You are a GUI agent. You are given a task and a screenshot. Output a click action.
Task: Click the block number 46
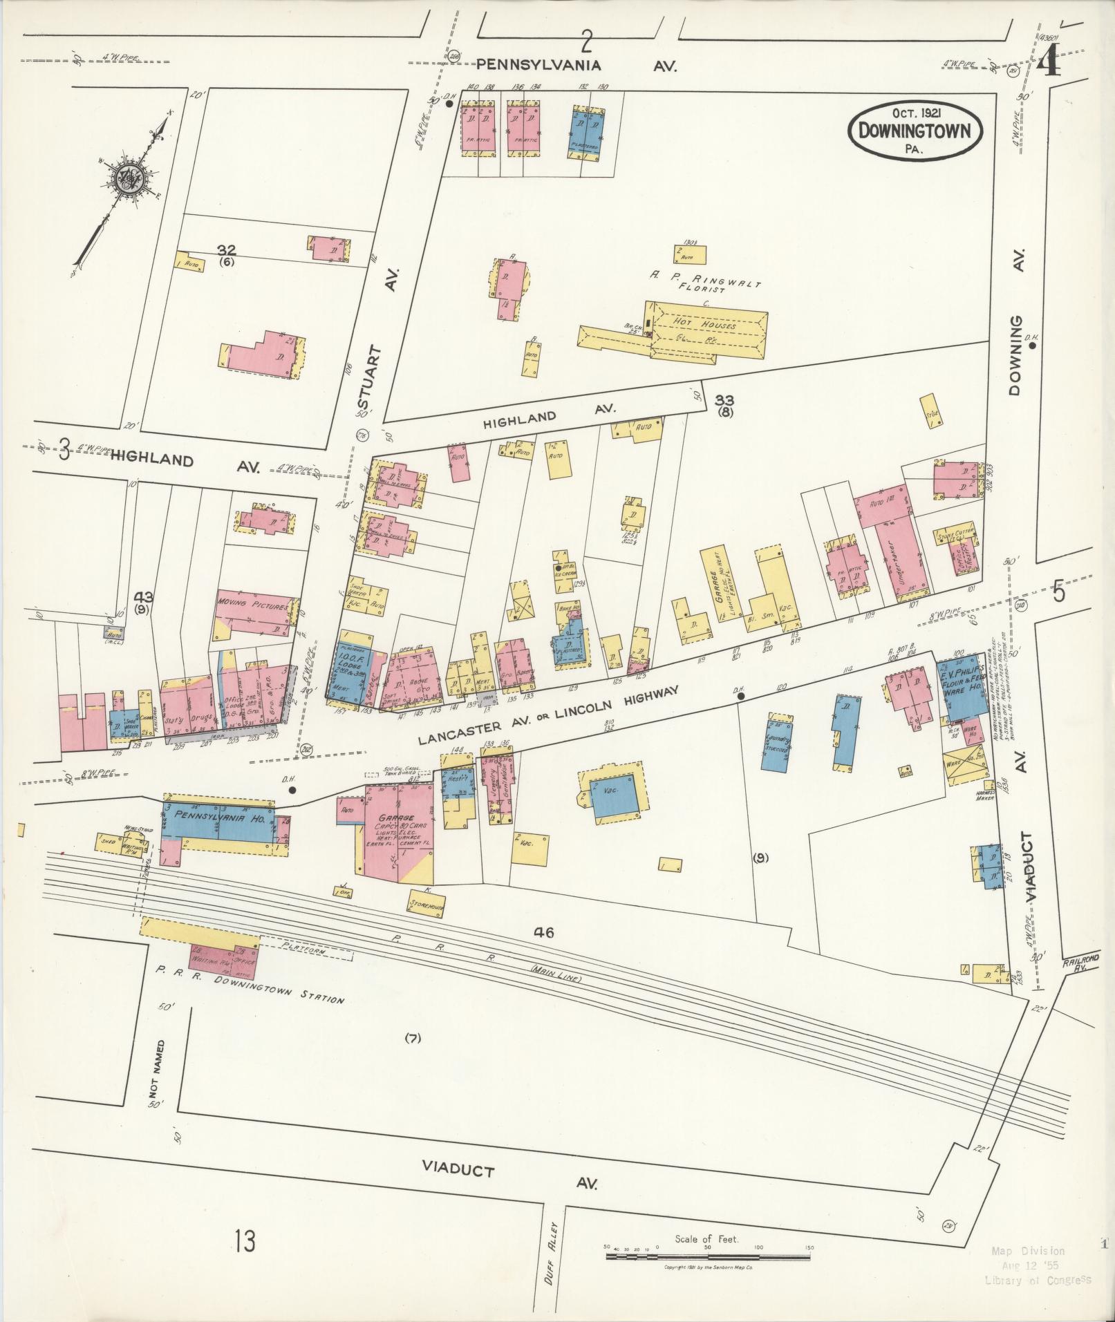(x=544, y=932)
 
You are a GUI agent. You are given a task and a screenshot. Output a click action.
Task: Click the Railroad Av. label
(x=1074, y=965)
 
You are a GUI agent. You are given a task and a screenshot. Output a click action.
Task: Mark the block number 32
(x=226, y=249)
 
